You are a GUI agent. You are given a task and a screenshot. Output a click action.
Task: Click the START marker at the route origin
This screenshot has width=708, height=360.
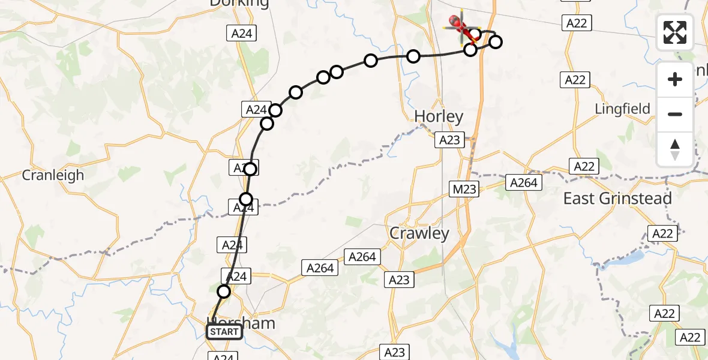(224, 332)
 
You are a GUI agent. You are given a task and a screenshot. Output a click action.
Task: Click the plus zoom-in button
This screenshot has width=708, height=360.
(675, 79)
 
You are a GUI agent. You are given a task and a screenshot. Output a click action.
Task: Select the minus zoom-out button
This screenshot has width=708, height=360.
(675, 114)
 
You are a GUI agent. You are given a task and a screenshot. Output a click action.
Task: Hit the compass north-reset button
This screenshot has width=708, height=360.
(675, 149)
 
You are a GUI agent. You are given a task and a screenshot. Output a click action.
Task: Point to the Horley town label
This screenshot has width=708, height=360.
(439, 116)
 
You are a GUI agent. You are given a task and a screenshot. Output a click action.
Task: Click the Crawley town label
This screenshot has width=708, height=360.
(419, 233)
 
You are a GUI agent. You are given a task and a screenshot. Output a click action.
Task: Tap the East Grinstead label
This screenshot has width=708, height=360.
(617, 199)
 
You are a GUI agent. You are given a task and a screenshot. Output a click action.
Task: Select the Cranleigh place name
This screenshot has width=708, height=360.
(53, 175)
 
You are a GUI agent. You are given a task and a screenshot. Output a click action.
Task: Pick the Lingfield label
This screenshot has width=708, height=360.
(622, 109)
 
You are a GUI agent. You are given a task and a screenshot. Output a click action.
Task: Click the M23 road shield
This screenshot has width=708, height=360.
(464, 190)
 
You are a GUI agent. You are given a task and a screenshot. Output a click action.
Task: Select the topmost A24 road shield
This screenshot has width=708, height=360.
(242, 34)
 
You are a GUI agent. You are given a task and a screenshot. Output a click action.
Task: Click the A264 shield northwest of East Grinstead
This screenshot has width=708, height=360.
(524, 182)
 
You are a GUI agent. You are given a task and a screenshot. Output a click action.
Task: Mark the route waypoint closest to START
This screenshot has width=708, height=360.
(223, 292)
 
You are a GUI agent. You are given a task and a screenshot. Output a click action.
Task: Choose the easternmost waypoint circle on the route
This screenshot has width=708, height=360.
(496, 42)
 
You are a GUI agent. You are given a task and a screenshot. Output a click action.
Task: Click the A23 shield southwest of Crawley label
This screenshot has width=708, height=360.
(399, 279)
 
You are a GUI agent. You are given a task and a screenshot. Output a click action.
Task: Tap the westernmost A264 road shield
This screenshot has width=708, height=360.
(320, 268)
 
